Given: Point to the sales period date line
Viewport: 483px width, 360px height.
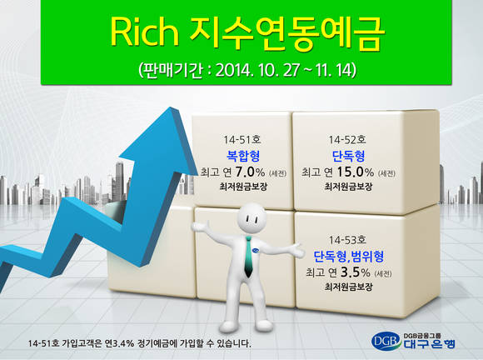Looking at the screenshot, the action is (x=247, y=70).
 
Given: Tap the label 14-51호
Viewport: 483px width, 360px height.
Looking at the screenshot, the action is (x=242, y=140).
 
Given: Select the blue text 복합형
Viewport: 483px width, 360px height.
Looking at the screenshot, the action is (x=243, y=156).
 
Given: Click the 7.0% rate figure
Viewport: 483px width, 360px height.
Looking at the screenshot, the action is (x=250, y=172).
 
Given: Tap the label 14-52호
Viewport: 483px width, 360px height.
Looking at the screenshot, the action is (x=347, y=140).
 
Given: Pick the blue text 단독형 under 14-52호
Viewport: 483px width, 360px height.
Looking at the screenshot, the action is (x=348, y=156).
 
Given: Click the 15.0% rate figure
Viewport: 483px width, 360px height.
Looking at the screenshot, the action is (x=355, y=172).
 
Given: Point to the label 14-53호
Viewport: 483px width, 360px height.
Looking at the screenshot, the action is (x=347, y=240).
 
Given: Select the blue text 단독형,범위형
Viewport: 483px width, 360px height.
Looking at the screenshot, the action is (x=348, y=257).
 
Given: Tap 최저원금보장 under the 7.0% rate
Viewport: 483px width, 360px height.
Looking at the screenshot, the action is (x=243, y=187).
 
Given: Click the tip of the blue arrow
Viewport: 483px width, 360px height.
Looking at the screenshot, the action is (x=171, y=107).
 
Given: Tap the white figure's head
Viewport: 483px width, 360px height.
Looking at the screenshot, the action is (x=251, y=217).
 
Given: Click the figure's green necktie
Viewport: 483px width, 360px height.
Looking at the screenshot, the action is (x=248, y=256).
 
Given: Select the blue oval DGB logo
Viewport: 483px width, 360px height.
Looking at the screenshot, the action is (x=386, y=341).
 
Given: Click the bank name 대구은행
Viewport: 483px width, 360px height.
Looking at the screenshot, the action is (x=429, y=344).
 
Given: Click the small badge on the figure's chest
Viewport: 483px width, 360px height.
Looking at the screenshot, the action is (x=256, y=251).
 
